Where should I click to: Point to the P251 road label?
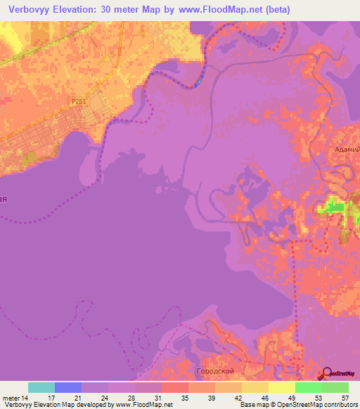[x=79, y=102]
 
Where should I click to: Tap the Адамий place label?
[x=347, y=149]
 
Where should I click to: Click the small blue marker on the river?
[x=199, y=82]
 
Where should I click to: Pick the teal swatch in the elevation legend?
[x=41, y=387]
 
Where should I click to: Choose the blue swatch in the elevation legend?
[x=68, y=387]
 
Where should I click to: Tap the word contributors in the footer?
[x=338, y=404]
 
